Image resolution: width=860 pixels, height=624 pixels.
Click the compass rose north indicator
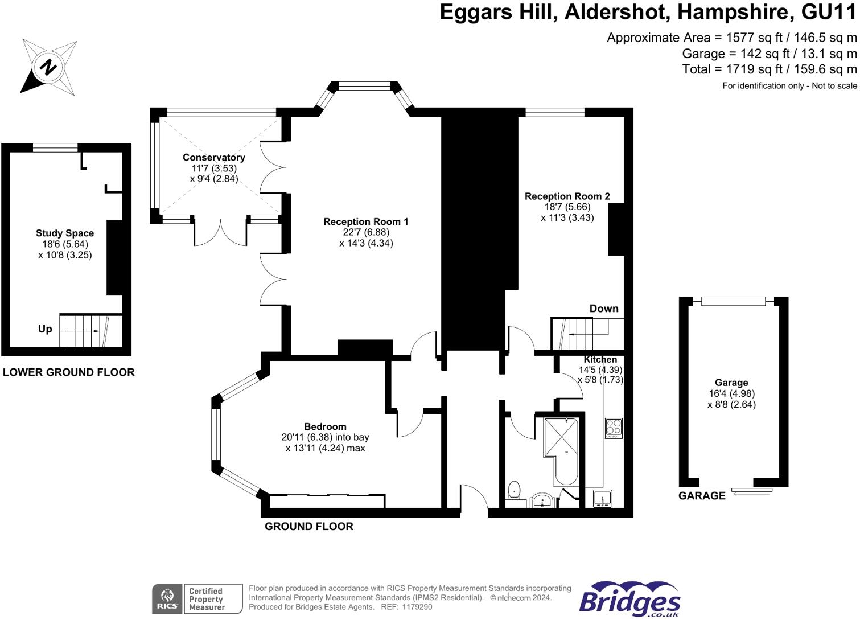[48, 67]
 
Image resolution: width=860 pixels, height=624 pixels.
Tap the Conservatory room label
[214, 158]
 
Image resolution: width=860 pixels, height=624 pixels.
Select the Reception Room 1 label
[366, 221]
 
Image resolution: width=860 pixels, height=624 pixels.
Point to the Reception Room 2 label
[567, 196]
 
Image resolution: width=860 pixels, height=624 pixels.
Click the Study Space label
[65, 233]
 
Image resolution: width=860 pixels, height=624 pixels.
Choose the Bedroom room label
[325, 426]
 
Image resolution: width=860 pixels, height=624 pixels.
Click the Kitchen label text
[600, 359]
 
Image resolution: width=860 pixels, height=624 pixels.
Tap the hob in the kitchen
[614, 428]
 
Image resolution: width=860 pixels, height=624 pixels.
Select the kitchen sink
[603, 499]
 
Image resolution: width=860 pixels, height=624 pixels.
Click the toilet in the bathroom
[514, 492]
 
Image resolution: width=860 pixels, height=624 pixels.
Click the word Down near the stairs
[604, 309]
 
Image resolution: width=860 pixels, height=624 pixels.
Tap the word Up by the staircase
[45, 329]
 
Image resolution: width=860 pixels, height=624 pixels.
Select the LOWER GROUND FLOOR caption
[69, 372]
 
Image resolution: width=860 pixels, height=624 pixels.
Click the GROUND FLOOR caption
[309, 527]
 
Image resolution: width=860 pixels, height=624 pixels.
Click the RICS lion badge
[167, 598]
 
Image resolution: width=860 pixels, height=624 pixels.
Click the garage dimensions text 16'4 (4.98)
[732, 393]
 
